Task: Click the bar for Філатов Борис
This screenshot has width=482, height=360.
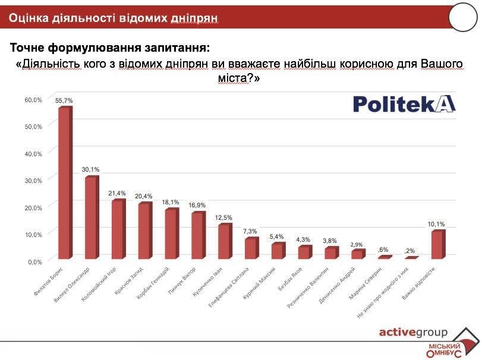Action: pos(64,183)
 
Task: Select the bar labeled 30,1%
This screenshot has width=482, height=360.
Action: pos(90,217)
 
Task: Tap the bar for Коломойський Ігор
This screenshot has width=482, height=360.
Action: pos(118,229)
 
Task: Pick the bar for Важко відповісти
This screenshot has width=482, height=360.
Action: pos(436,245)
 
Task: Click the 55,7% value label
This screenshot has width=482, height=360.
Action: pos(64,101)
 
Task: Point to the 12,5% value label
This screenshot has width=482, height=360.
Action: pos(223,217)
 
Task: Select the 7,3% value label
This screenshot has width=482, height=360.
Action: pos(250,231)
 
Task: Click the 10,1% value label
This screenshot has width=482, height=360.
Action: pos(437,224)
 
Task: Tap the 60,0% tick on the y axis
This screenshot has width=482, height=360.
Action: pos(33,100)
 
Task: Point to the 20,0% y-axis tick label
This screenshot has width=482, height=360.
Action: pos(33,207)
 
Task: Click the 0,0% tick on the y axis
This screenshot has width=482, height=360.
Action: pos(34,261)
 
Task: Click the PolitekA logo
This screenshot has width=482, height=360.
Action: pos(404,104)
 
